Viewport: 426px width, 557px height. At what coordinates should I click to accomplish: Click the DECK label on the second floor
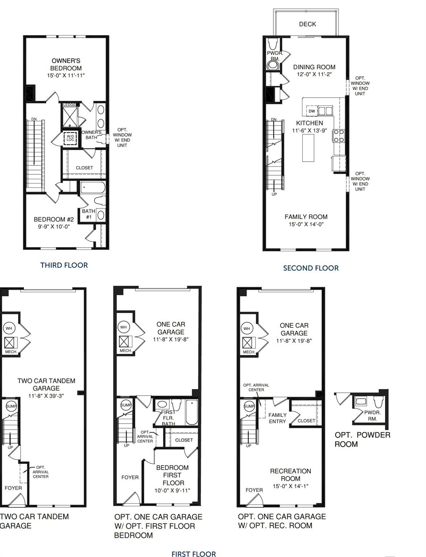coord(307,24)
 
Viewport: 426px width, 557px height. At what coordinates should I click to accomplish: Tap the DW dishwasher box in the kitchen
coord(312,111)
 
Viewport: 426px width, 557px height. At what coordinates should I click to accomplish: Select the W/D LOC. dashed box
coord(70,138)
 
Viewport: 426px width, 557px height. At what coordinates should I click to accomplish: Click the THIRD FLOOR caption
coord(64,265)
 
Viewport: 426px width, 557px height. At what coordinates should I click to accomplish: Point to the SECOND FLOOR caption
coord(311,268)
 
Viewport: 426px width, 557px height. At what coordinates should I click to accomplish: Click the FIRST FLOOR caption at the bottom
coord(194,554)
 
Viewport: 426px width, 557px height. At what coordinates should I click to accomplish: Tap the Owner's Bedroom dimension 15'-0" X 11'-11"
coord(66,75)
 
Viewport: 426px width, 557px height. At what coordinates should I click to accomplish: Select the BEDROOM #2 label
coord(54,219)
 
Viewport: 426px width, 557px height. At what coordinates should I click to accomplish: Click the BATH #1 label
coord(88,214)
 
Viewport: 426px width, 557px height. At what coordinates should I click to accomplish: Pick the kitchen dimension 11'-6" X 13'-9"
coord(309,131)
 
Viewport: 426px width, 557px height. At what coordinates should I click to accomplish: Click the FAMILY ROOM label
coord(306,217)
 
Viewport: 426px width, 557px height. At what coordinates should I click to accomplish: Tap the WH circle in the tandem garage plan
coord(9,329)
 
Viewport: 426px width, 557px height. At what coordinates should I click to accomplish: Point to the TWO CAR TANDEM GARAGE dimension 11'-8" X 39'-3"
coord(46,396)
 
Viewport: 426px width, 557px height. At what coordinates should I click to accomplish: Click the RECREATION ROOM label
coord(290,475)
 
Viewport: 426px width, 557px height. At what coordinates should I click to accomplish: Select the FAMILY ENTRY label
coord(277,418)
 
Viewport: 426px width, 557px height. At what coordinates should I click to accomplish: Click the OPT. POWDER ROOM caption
coord(362,440)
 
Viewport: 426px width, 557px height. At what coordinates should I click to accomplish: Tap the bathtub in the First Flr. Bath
coord(191,412)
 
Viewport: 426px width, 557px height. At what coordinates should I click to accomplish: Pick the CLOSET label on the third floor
coord(84,168)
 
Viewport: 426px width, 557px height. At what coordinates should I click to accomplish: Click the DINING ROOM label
coord(314,67)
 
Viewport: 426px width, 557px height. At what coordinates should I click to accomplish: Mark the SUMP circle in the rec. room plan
coord(249,406)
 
